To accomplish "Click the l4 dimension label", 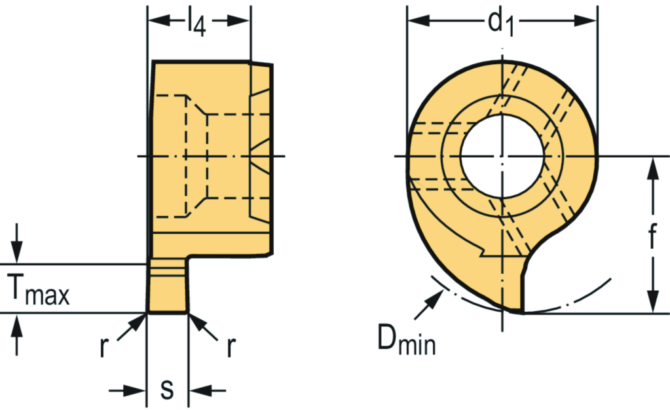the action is coord(196,22).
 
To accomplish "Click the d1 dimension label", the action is coord(501,22).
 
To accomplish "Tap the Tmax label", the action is coord(38,290).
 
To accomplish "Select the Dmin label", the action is coord(406,339).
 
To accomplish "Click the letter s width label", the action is coord(167,389).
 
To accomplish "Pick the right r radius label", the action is coord(231,346).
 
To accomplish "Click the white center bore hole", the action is coord(502,157).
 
